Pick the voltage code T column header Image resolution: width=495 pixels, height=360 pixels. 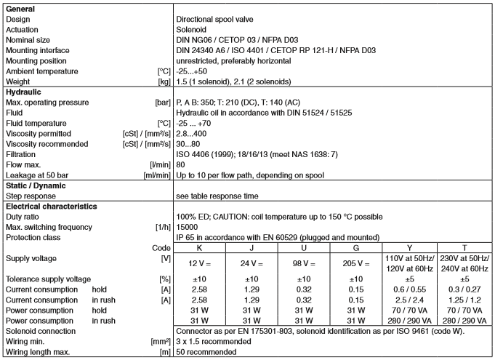click(x=465, y=247)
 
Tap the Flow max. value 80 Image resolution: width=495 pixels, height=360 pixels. click(x=182, y=165)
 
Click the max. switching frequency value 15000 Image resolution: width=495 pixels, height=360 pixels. click(x=188, y=227)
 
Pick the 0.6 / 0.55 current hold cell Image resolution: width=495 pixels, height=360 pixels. click(x=412, y=288)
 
